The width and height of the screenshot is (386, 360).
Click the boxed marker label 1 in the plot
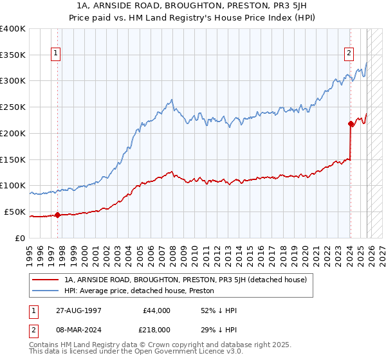pyautogui.click(x=57, y=53)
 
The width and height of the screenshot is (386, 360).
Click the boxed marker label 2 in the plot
pyautogui.click(x=349, y=53)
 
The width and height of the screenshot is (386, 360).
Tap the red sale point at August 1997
pyautogui.click(x=58, y=215)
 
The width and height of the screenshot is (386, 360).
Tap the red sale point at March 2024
pyautogui.click(x=351, y=123)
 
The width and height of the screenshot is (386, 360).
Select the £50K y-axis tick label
pyautogui.click(x=15, y=212)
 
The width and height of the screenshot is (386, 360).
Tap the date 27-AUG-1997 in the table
pyautogui.click(x=78, y=310)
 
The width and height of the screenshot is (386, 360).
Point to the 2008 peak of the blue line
pyautogui.click(x=171, y=100)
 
